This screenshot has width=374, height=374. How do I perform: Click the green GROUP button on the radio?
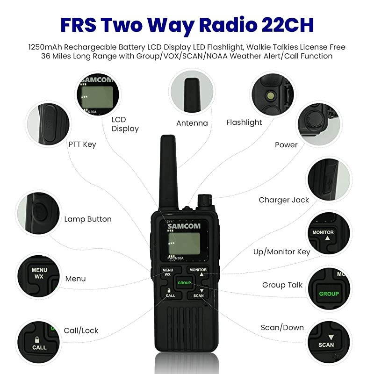(x=184, y=282)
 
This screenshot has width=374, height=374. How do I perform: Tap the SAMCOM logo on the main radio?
(x=184, y=226)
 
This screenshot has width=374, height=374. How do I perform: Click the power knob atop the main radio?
(x=204, y=200)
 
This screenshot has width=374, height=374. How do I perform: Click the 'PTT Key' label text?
(x=82, y=144)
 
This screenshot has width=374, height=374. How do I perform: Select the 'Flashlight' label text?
(x=244, y=122)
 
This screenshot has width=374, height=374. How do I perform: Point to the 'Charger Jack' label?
(x=284, y=200)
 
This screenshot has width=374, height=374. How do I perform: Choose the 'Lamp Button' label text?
(x=88, y=219)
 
